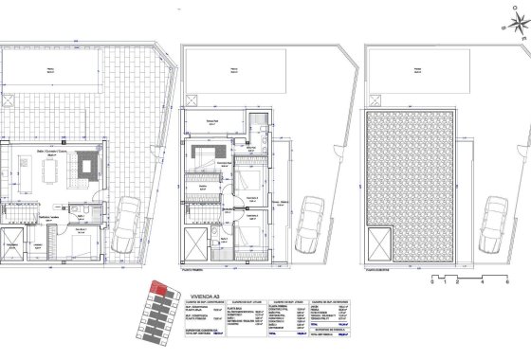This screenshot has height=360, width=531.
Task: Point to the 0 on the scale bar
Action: (431, 282)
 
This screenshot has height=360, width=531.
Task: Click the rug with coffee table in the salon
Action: (93, 168)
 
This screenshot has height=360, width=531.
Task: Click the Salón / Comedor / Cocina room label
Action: (47, 148)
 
